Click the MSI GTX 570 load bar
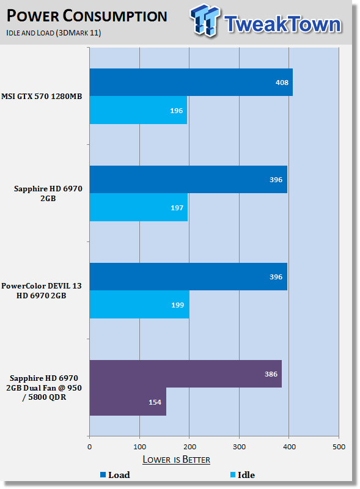(191, 82)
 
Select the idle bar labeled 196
(138, 110)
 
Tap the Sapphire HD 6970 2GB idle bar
(139, 207)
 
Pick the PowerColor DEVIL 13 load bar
(188, 277)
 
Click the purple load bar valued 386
(186, 374)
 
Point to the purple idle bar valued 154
(128, 402)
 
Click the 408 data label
(282, 83)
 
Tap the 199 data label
(177, 305)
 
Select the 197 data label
(177, 208)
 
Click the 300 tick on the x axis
(239, 447)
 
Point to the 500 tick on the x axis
(339, 447)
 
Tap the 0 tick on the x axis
(89, 447)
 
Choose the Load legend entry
(115, 475)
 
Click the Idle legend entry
(243, 475)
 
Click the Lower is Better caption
(176, 460)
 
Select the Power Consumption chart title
(87, 17)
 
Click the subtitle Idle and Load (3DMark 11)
(54, 33)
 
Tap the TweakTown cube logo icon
(205, 20)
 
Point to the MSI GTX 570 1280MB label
(42, 97)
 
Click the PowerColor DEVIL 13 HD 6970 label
(42, 291)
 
